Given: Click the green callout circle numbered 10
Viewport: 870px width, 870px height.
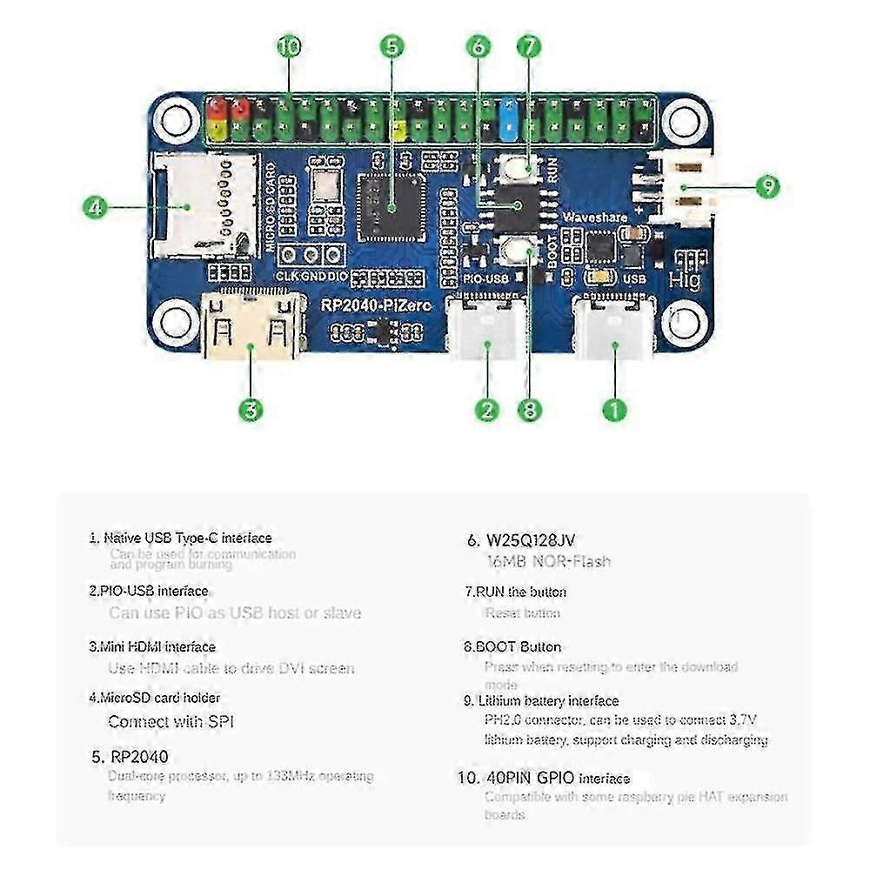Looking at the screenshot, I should pyautogui.click(x=289, y=46).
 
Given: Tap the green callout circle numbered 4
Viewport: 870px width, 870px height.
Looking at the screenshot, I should pyautogui.click(x=97, y=208).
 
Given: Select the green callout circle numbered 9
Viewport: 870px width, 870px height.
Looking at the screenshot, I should pyautogui.click(x=766, y=186).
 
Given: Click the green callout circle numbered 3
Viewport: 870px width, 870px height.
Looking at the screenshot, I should pyautogui.click(x=251, y=409).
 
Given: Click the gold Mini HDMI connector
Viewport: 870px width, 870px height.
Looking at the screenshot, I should pyautogui.click(x=251, y=327).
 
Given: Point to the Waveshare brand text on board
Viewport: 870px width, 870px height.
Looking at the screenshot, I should pyautogui.click(x=594, y=216).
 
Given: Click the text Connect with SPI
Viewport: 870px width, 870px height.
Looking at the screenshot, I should pyautogui.click(x=171, y=721).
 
